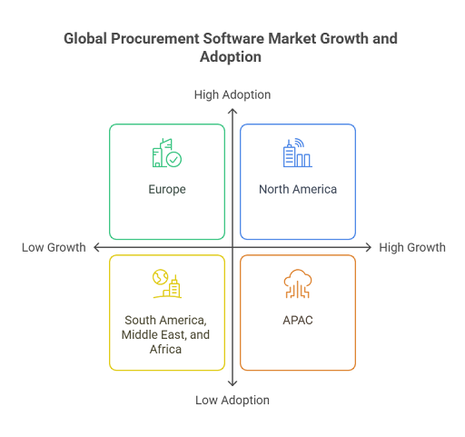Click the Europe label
[167, 190]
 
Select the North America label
[298, 189]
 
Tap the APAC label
[298, 320]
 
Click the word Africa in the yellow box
[165, 349]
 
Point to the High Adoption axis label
[232, 94]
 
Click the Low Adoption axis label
[232, 400]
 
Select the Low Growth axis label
[54, 247]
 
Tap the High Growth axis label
[412, 247]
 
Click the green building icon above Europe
[167, 153]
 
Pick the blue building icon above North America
[298, 153]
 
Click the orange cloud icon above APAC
[298, 283]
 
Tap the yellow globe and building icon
[167, 283]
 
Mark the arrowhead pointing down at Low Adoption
[232, 384]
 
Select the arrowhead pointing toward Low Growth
[96, 247]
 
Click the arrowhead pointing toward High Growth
[369, 247]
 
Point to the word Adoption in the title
[231, 57]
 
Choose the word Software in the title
[233, 38]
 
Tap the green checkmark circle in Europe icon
[174, 160]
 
